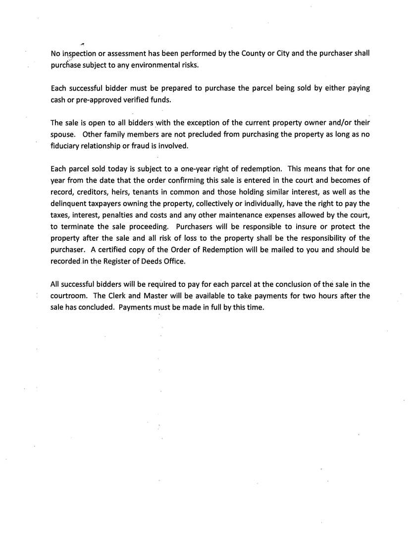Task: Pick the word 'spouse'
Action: tap(63, 134)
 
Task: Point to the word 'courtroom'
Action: tap(70, 296)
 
